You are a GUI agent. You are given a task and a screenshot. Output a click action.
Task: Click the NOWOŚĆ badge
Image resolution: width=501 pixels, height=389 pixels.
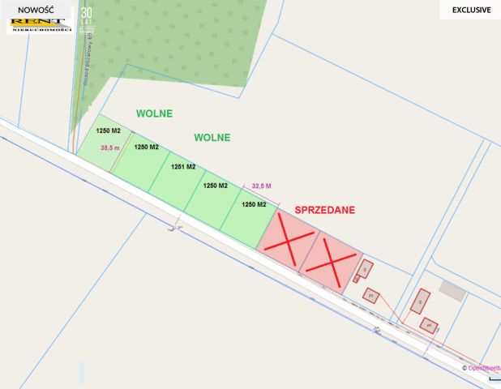click(x=36, y=10)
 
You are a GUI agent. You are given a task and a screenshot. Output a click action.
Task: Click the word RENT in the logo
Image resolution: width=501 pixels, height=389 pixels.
click(x=36, y=21)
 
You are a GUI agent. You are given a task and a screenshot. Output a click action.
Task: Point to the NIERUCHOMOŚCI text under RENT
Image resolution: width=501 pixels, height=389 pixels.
click(x=37, y=29)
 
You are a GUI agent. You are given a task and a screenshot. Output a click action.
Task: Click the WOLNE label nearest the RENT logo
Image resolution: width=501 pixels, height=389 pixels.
click(x=154, y=113)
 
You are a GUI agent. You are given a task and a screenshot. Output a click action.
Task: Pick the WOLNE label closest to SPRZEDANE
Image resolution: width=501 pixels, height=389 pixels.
click(x=212, y=137)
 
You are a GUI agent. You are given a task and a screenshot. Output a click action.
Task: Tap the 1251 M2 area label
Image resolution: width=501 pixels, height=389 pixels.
click(x=183, y=167)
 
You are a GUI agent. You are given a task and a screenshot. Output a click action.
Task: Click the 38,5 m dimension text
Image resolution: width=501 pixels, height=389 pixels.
click(x=110, y=147)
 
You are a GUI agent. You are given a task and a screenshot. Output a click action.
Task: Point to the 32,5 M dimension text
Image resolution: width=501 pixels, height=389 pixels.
click(x=262, y=186)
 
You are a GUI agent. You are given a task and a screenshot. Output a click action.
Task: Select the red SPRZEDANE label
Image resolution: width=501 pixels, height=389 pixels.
click(x=324, y=209)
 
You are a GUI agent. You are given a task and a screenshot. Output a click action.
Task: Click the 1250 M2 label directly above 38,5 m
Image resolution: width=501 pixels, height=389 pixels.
click(x=109, y=130)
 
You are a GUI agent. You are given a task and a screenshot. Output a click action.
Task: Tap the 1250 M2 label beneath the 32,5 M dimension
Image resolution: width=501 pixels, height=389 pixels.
click(x=254, y=204)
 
